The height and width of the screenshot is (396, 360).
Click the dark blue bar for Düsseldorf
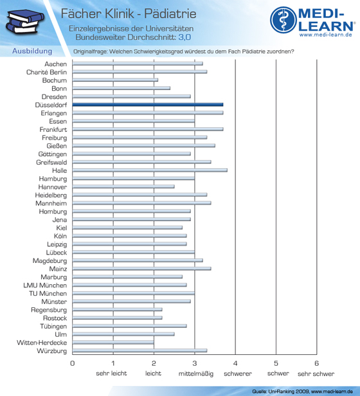point(148,105)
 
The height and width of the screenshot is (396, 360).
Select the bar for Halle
point(150,170)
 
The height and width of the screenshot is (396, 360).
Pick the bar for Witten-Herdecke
point(113,343)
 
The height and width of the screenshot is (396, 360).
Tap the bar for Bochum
point(115,80)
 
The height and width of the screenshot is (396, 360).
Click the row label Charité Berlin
point(46,72)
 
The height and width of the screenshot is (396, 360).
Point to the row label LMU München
point(45,285)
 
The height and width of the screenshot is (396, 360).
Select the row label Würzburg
point(52,351)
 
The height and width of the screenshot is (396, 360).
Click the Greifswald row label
point(51,163)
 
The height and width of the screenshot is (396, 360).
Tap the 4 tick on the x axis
point(235,363)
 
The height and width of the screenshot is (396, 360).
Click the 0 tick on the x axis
point(73,363)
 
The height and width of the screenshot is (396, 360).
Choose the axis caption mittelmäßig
point(196,373)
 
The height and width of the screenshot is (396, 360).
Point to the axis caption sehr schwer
point(316,373)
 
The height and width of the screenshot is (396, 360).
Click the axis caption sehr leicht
point(111,373)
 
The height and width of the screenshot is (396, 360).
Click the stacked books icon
point(25,22)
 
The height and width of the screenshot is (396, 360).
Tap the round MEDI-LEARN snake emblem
point(283,20)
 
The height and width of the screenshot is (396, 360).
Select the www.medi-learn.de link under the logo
point(326,35)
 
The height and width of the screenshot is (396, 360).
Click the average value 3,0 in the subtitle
point(184,37)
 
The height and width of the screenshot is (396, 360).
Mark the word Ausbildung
point(32,51)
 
